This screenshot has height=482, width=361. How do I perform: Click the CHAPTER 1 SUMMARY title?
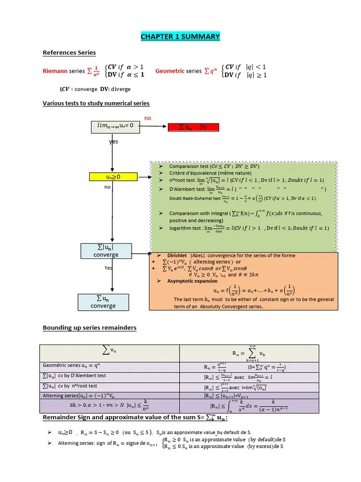tap(180, 37)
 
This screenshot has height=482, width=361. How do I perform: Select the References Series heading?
tap(69, 53)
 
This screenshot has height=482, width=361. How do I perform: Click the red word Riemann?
tap(55, 71)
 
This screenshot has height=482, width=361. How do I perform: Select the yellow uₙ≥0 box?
tap(108, 177)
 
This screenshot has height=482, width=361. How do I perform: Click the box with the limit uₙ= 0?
tap(115, 126)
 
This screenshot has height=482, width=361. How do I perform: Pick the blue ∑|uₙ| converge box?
tap(106, 251)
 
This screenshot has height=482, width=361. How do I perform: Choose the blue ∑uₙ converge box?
tap(103, 302)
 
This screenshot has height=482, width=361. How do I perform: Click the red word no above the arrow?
tap(148, 118)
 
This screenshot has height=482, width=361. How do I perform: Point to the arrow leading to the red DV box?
tap(154, 127)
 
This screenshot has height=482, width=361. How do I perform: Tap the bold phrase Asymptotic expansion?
tap(192, 281)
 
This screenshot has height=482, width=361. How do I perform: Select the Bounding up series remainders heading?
tap(89, 328)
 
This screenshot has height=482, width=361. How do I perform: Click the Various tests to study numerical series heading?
tap(96, 103)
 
